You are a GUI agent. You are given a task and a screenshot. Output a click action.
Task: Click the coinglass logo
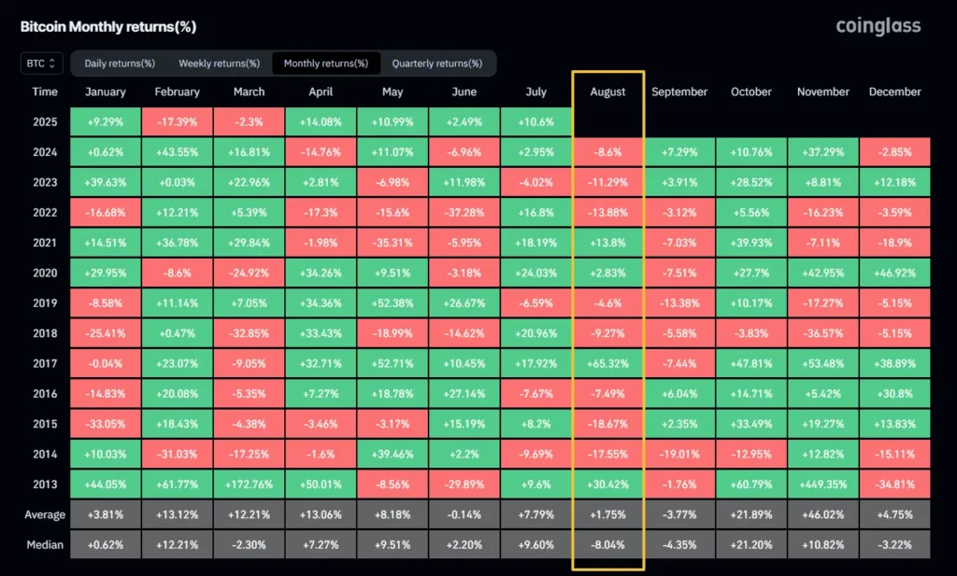click(878, 26)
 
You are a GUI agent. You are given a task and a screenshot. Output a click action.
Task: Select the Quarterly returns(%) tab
click(436, 63)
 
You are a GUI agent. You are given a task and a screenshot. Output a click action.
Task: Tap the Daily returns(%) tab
click(120, 63)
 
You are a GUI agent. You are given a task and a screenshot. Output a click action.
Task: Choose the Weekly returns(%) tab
click(219, 63)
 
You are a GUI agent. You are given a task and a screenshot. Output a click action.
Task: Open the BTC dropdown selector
click(42, 63)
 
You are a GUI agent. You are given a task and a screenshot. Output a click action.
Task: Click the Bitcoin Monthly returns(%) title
click(108, 27)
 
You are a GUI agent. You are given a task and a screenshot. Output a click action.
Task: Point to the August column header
click(607, 91)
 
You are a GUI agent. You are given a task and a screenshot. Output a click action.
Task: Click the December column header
click(894, 91)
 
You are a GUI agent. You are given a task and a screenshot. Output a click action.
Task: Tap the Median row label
click(44, 544)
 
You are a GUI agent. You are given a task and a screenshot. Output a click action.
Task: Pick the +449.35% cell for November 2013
click(822, 484)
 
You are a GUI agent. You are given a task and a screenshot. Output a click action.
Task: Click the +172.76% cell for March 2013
click(249, 484)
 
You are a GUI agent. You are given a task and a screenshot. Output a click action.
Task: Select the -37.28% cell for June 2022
click(464, 213)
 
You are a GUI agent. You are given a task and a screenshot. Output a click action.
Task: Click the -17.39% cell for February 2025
click(177, 122)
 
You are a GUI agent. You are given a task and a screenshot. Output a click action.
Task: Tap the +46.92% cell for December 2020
click(894, 273)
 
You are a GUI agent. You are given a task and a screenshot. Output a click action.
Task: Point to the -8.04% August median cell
click(607, 544)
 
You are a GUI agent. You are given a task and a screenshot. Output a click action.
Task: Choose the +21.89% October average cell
click(751, 514)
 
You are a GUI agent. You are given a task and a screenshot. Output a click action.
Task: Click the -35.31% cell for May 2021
click(392, 243)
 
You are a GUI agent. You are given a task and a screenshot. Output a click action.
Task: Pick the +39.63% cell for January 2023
click(105, 182)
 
